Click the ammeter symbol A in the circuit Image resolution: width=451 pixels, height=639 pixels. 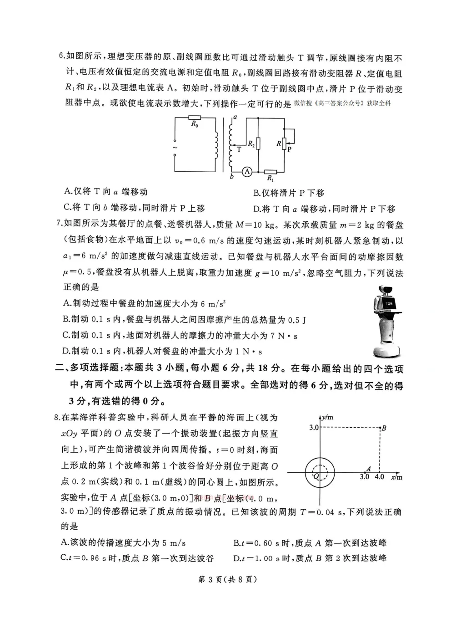point(247,172)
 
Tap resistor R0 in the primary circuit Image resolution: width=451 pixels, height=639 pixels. point(195,118)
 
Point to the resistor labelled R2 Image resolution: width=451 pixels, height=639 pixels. point(258,144)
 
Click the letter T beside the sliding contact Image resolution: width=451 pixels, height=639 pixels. point(239,149)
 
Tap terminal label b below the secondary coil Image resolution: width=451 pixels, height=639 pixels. point(231,177)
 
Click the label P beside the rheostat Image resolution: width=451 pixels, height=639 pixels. point(290,149)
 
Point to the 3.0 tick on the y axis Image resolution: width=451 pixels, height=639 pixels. point(314,428)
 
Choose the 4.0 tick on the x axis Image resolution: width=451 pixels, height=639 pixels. point(379,477)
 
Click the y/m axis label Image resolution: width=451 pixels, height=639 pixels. point(327,417)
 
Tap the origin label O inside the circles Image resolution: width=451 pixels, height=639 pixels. point(317,476)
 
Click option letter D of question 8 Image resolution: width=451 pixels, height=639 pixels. point(236,558)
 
